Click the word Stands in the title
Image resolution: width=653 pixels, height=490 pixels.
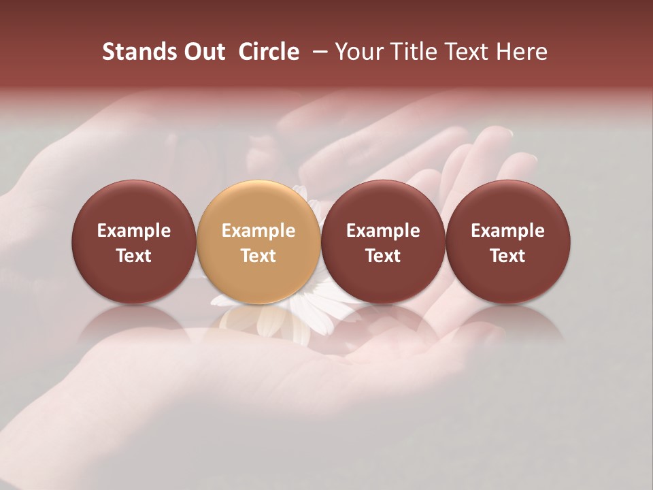[x=135, y=52]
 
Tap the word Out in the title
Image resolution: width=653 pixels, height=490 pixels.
[x=202, y=52]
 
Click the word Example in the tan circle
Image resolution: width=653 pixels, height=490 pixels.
[x=258, y=231]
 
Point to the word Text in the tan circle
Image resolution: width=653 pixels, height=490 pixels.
[x=258, y=256]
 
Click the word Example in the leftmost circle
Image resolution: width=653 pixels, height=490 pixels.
[x=134, y=231]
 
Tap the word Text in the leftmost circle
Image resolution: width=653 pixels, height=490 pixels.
[x=134, y=256]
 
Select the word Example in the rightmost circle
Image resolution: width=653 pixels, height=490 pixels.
[x=508, y=231]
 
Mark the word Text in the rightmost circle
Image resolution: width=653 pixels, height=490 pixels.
[x=508, y=256]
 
